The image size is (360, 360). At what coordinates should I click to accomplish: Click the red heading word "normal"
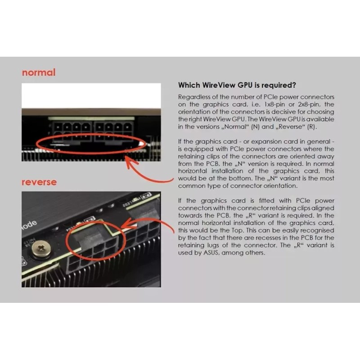coord(39,72)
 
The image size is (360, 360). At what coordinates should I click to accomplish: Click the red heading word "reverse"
coord(39,182)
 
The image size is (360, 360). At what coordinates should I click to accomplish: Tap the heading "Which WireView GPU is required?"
coord(237,85)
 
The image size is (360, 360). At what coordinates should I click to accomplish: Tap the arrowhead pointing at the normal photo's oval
coord(129,160)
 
